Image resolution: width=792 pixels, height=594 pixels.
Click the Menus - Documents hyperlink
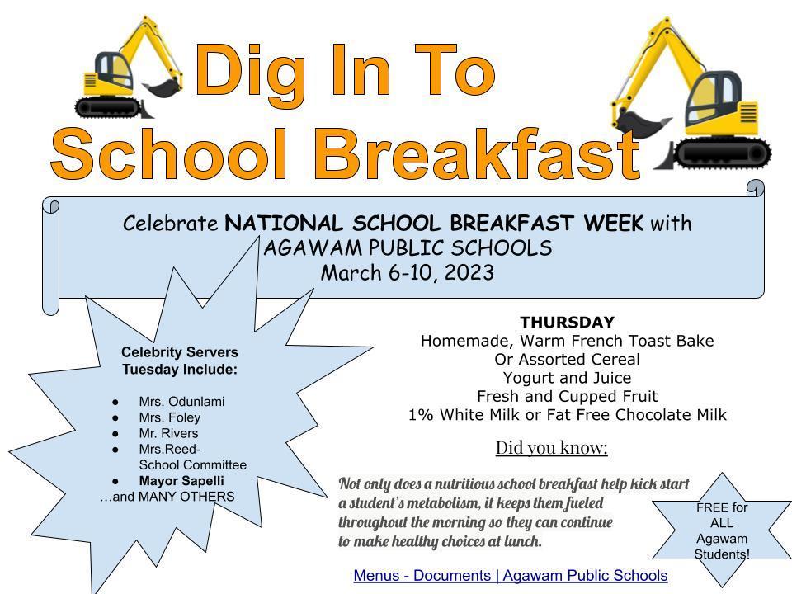511,575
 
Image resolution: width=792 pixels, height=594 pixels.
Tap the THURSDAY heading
568,322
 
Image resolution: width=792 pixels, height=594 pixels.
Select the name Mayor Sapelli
181,481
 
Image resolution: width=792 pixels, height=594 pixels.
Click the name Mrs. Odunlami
181,402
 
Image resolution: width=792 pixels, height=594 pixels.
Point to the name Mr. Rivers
168,433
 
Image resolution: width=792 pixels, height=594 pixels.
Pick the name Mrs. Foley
170,417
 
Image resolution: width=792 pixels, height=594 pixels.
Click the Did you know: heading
552,447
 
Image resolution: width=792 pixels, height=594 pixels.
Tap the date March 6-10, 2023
407,273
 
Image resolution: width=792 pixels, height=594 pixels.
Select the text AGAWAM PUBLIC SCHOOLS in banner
408,248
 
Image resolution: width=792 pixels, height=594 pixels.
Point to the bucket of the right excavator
640,123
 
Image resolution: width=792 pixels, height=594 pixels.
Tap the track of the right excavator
723,153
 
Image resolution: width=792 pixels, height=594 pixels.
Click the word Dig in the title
250,73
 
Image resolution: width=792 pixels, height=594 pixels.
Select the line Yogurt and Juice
568,378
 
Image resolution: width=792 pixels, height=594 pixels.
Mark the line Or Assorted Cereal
568,359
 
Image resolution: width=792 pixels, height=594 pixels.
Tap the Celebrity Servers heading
180,352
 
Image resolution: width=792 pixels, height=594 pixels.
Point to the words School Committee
193,464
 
